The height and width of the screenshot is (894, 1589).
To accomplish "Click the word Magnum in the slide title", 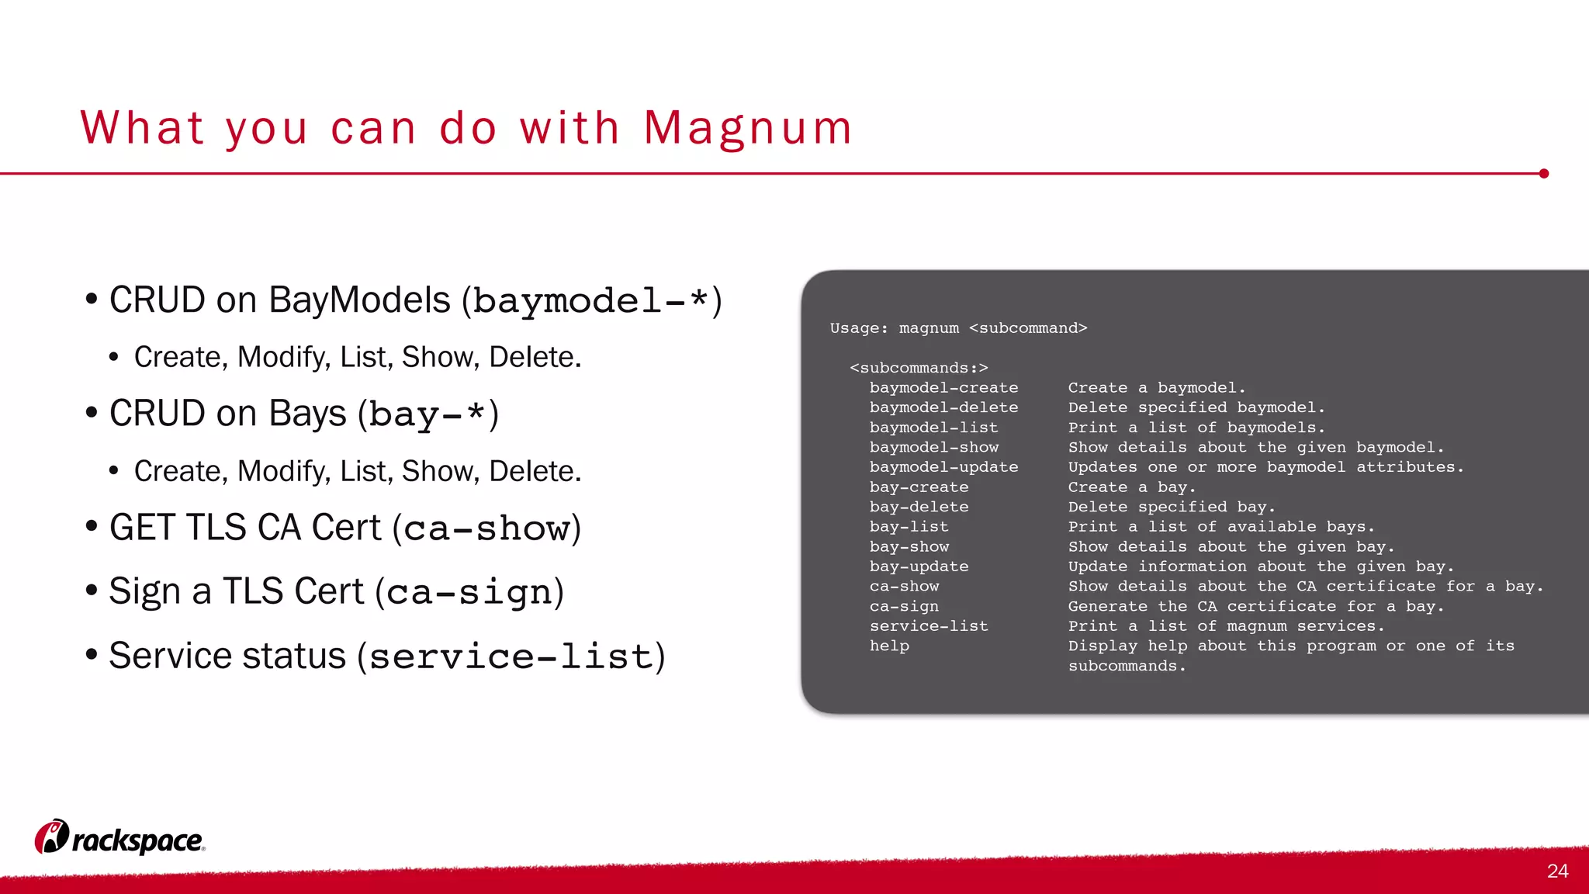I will (748, 129).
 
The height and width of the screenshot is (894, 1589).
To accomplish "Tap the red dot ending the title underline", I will (1543, 174).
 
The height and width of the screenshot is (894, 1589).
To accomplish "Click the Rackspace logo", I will (120, 838).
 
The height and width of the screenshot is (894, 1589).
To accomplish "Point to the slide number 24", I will (1557, 871).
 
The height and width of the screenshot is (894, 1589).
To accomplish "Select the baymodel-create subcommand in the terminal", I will (943, 388).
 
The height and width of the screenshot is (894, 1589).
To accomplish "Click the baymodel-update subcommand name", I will (943, 467).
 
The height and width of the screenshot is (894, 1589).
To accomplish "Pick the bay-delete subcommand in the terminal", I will (919, 507).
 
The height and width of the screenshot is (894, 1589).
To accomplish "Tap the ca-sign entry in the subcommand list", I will (904, 606).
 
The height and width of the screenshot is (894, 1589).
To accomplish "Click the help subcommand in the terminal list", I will (889, 646).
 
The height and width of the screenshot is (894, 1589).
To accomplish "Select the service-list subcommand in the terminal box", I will (929, 626).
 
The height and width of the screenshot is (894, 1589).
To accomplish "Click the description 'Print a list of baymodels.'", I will (1196, 428).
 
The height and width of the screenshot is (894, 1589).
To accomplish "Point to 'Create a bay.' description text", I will (1131, 487).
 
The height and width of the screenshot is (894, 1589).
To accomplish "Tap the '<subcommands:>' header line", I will (919, 368).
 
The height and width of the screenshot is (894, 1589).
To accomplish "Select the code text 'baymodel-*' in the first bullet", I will (590, 301).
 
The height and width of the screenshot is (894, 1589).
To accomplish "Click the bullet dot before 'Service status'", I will (92, 655).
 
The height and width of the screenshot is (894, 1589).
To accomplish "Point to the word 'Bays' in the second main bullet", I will (307, 414).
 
